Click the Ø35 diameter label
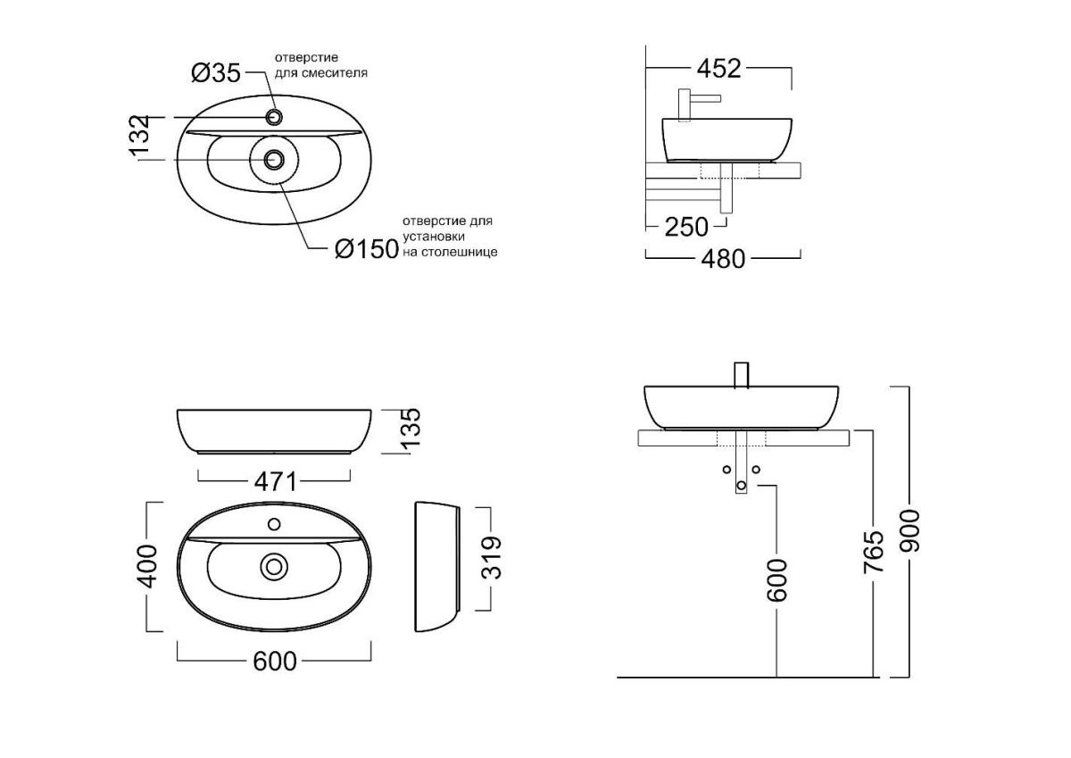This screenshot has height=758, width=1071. (x=216, y=73)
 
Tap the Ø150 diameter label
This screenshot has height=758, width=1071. (x=367, y=249)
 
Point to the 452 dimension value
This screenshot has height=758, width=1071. (x=718, y=69)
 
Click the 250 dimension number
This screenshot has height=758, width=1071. (x=686, y=227)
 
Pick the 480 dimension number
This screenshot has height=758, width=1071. (x=723, y=259)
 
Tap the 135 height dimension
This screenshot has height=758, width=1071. (x=411, y=429)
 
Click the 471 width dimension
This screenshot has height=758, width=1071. (x=275, y=481)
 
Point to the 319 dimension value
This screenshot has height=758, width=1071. (x=492, y=558)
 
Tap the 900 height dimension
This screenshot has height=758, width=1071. (x=909, y=531)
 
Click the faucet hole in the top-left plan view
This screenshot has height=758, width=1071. (x=275, y=117)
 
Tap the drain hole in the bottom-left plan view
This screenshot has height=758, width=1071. (x=274, y=567)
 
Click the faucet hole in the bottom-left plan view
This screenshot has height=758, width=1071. (x=274, y=525)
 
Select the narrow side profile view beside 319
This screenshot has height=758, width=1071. (x=437, y=567)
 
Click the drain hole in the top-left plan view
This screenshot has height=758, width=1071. (x=274, y=160)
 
